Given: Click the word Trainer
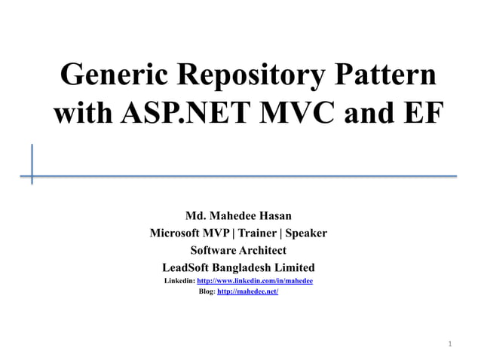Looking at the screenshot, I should click(265, 233).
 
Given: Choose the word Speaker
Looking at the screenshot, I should click(311, 233).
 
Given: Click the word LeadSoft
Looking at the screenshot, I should click(187, 267).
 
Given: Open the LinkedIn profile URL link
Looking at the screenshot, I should click(254, 281).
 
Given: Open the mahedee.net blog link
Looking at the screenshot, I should click(247, 291).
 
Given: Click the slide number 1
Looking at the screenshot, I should click(450, 344).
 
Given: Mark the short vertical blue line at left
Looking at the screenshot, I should click(32, 163).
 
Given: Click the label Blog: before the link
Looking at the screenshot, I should click(207, 291).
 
